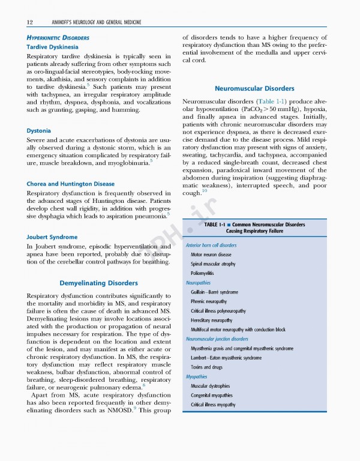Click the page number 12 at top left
(x=30, y=22)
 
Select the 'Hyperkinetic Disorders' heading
(x=58, y=37)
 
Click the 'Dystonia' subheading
(x=38, y=130)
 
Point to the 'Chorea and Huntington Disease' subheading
(x=70, y=183)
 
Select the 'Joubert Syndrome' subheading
(x=52, y=237)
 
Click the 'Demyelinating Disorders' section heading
(x=98, y=283)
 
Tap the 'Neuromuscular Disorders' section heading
(x=254, y=88)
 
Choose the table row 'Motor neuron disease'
(x=211, y=255)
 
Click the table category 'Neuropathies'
(x=198, y=282)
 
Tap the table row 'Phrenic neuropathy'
(x=208, y=301)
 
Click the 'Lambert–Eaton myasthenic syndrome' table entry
(x=226, y=358)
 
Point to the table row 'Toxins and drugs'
(x=206, y=367)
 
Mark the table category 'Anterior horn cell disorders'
(x=211, y=246)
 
